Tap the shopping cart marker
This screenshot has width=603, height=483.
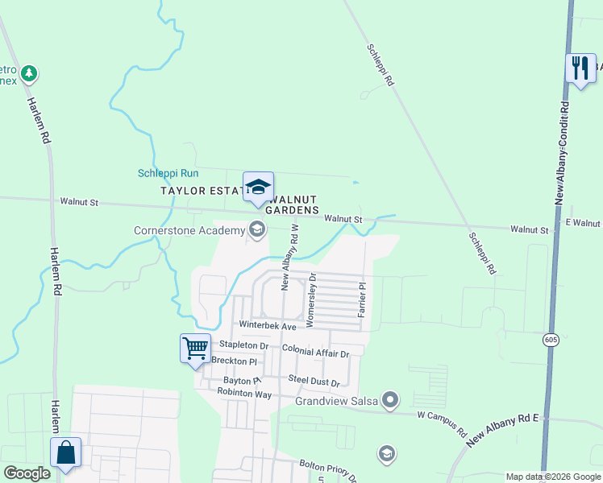(195, 349)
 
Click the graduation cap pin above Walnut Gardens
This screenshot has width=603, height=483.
(258, 188)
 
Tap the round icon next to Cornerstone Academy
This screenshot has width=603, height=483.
(257, 231)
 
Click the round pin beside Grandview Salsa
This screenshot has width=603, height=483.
(391, 399)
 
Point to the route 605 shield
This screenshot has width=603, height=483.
(550, 340)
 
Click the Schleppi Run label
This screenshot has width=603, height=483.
(168, 173)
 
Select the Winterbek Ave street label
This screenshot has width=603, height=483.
(268, 325)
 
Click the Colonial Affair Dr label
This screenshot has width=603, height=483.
(316, 353)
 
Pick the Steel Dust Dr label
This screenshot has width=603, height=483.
(314, 382)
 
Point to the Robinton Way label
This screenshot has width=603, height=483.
(244, 393)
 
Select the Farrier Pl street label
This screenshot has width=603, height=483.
(363, 298)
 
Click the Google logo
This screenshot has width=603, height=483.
(27, 473)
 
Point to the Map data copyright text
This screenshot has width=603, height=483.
(553, 477)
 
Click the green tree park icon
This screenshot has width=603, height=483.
(29, 74)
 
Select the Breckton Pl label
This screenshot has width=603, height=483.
(235, 361)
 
